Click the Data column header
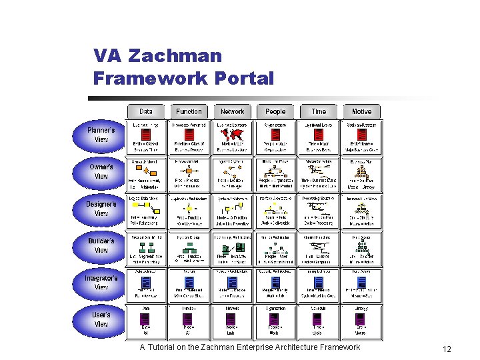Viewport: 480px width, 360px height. tap(146, 112)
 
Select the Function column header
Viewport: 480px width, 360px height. tap(189, 112)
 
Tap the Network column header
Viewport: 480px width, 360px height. tap(232, 112)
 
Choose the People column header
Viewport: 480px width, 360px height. tap(275, 112)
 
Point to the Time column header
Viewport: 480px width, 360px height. tap(319, 112)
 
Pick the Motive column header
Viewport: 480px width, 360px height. tap(361, 112)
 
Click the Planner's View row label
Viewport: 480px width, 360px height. tap(101, 135)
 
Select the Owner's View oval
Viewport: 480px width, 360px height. tap(101, 171)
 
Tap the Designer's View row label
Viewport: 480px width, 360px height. tap(101, 209)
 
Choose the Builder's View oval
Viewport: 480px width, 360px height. tap(101, 245)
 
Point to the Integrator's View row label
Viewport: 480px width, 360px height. tap(101, 283)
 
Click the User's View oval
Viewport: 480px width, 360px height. tap(101, 319)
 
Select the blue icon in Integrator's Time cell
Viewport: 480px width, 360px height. tap(319, 282)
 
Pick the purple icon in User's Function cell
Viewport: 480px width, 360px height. tap(189, 319)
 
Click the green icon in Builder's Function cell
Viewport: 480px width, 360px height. tap(189, 246)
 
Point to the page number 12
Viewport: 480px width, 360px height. tap(447, 349)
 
